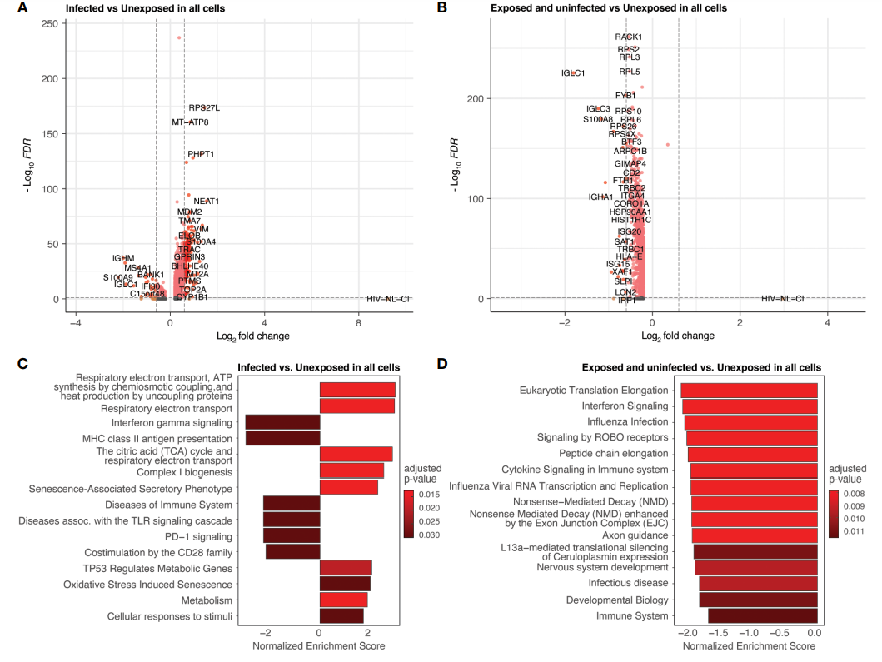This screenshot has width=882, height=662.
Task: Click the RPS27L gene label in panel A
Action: coord(204,107)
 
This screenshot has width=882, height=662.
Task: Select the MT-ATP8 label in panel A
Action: coord(190,122)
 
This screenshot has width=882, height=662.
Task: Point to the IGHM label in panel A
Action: coord(123,259)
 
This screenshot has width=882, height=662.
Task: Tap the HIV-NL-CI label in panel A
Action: coord(389,298)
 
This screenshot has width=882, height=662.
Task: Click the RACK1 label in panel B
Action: coord(629,37)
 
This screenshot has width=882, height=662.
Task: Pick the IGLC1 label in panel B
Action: coord(573,73)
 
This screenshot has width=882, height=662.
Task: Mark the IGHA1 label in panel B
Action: coord(600,197)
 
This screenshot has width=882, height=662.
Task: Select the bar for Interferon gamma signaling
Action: coord(282,422)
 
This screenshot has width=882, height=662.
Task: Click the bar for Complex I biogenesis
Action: coord(351,470)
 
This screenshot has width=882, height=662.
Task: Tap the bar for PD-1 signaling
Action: coord(291,535)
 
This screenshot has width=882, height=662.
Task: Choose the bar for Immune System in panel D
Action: coord(762,616)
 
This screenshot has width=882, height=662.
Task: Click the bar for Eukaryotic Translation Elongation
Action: coord(749,390)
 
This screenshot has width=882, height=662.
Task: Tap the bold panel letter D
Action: coord(442,366)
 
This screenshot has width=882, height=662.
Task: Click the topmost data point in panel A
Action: coord(179,37)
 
